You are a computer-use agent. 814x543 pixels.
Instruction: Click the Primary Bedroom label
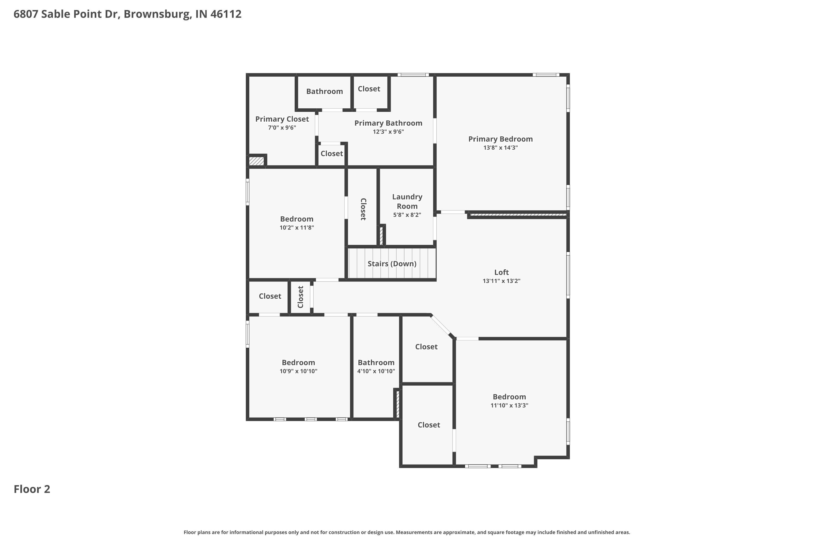[x=500, y=139]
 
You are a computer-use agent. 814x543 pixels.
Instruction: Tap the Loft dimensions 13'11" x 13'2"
[x=501, y=281]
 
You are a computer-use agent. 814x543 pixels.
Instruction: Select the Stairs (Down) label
[x=392, y=264]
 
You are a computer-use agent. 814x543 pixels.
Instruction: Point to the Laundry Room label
[x=407, y=201]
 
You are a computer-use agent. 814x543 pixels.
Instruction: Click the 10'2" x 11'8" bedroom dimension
[x=297, y=228]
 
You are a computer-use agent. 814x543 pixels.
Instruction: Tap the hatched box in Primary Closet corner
[x=256, y=161]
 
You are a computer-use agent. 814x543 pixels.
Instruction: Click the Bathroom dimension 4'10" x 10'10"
[x=376, y=371]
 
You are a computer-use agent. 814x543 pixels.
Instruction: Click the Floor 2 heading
[x=32, y=489]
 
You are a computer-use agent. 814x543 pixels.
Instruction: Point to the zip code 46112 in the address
[x=226, y=14]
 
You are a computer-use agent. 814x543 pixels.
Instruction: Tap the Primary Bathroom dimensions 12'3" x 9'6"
[x=388, y=132]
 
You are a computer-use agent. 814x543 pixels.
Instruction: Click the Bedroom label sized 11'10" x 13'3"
[x=509, y=396]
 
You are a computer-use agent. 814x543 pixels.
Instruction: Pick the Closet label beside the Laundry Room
[x=363, y=209]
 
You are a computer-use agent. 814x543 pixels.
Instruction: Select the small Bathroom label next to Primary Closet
[x=324, y=91]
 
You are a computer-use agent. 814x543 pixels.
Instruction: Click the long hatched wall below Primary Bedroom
[x=517, y=215]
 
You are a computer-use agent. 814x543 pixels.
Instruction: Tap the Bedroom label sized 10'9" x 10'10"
[x=298, y=362]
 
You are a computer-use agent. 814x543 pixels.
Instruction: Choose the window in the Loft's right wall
[x=568, y=275]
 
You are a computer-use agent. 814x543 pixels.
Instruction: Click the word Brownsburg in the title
[x=157, y=14]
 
